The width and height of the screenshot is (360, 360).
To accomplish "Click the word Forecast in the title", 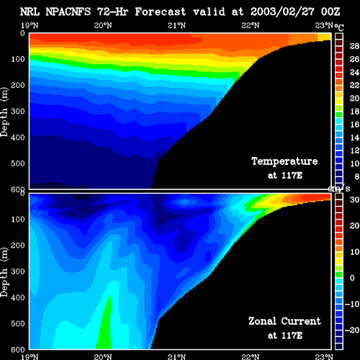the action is (161, 12).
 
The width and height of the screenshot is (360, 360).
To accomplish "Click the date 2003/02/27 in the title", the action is (282, 12).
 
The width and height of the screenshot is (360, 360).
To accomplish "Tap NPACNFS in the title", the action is (68, 12).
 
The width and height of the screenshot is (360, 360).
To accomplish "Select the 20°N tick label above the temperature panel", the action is (103, 25).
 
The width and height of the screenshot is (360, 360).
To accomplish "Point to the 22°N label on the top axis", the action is (251, 25).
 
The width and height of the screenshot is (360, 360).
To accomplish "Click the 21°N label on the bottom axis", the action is (176, 356).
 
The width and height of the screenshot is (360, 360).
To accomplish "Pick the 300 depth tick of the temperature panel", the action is (18, 111).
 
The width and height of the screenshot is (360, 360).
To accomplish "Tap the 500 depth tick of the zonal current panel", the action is (18, 323).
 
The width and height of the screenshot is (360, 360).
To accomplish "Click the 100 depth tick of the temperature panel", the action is (18, 59).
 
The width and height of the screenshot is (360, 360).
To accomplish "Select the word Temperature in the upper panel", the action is (284, 161).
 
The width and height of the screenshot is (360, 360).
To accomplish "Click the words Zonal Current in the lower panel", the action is (284, 321).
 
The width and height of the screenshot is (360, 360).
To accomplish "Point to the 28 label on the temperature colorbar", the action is (354, 46).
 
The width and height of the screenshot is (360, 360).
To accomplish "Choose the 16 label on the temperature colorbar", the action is (354, 125).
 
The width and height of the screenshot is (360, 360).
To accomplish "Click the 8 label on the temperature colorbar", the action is (356, 176).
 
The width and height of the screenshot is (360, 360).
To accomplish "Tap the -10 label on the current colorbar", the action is (352, 304).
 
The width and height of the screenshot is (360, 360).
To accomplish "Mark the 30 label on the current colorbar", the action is (354, 199).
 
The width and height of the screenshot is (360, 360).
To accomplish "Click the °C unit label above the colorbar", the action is (339, 27).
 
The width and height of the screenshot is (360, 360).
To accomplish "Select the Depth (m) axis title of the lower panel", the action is (4, 272).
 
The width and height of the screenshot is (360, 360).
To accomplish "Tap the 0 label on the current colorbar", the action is (352, 278).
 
